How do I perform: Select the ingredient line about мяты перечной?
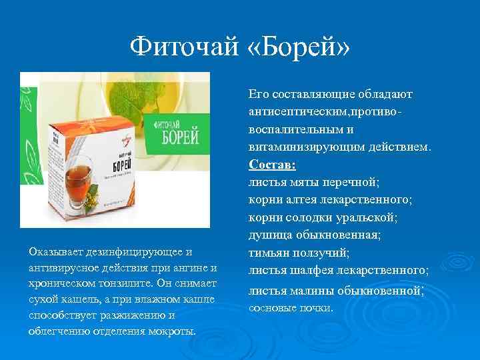pyautogui.click(x=313, y=181)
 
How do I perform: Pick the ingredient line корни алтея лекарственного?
pyautogui.click(x=329, y=199)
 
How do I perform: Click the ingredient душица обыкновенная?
pyautogui.click(x=314, y=235)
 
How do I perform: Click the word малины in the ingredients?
pyautogui.click(x=313, y=290)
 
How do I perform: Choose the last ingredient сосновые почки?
pyautogui.click(x=290, y=308)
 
